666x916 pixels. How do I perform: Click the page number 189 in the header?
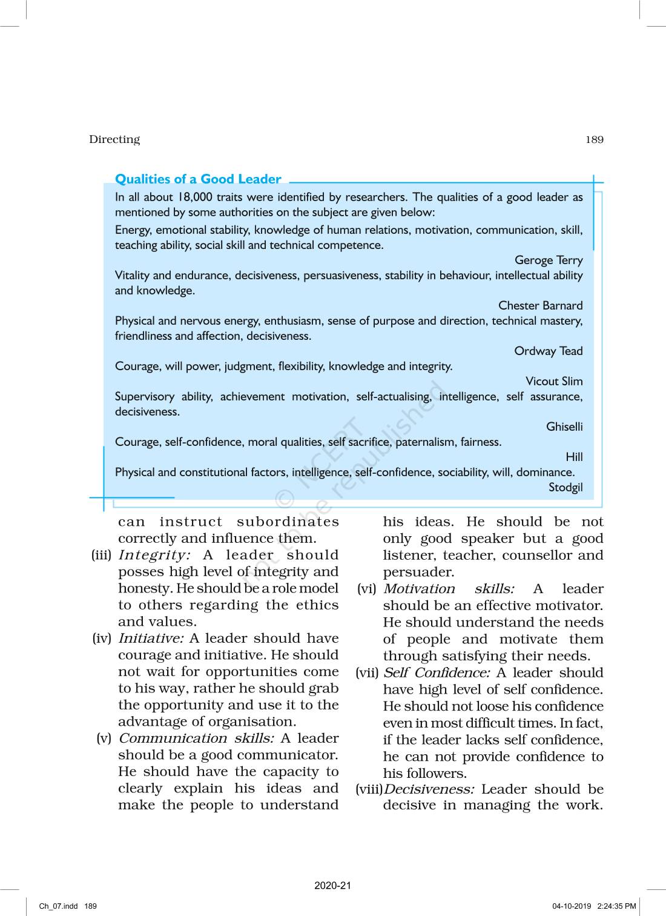click(594, 139)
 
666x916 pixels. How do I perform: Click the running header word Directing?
click(114, 139)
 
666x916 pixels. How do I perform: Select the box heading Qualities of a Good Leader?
click(198, 179)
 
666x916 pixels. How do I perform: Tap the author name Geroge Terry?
click(549, 261)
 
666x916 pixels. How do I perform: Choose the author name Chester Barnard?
click(540, 306)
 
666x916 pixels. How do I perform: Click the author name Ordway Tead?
click(548, 351)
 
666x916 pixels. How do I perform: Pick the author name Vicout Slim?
click(554, 382)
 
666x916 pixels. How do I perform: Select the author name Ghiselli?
click(564, 427)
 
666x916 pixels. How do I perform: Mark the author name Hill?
click(574, 457)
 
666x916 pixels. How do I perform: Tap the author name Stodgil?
click(565, 488)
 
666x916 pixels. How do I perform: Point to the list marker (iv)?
click(102, 639)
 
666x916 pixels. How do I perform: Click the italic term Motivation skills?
click(449, 589)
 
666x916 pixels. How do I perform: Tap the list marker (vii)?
click(367, 673)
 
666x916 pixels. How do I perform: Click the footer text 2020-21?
click(332, 886)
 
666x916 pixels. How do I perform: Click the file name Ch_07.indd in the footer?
click(59, 906)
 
